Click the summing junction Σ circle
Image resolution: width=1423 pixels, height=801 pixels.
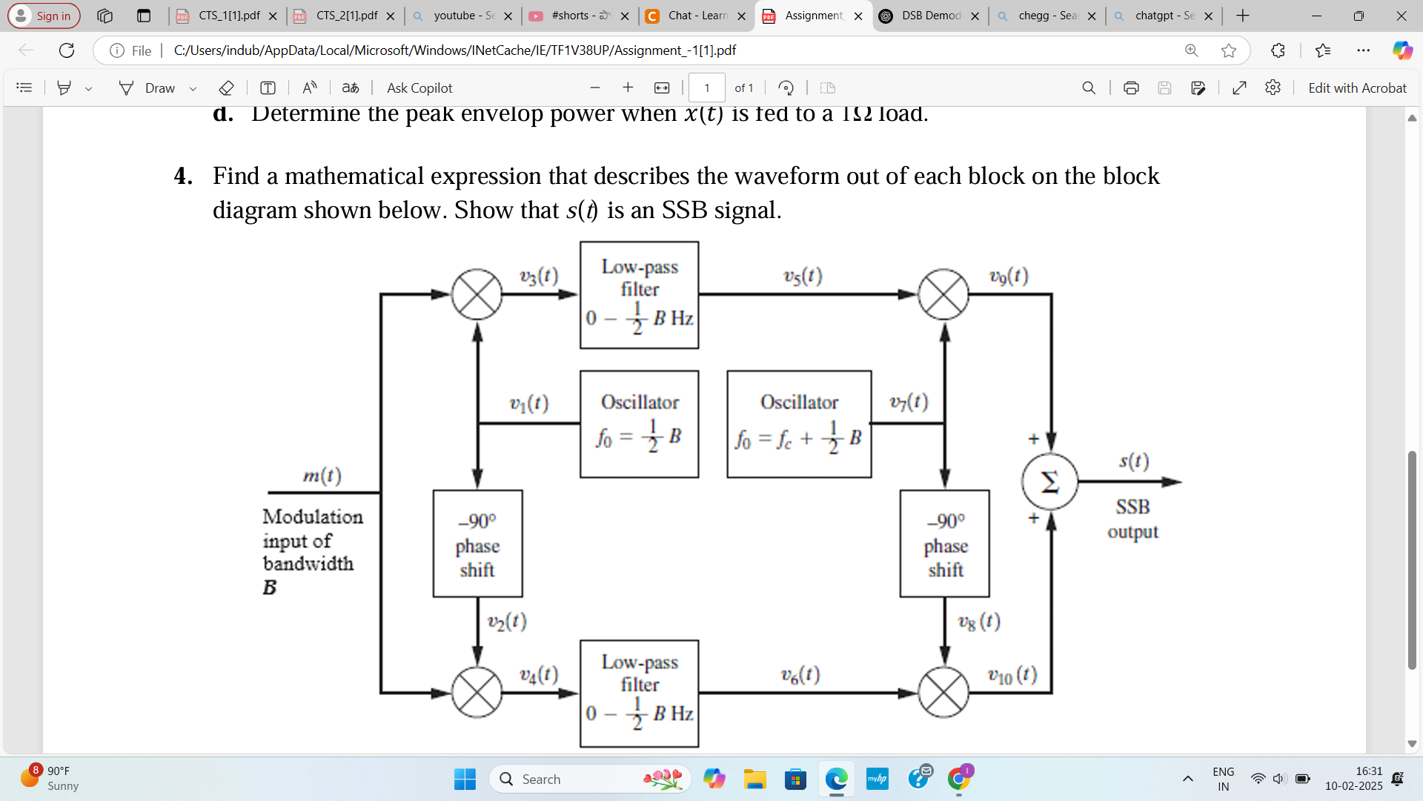click(x=1049, y=482)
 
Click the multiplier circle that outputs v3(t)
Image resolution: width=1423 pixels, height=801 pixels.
click(x=477, y=294)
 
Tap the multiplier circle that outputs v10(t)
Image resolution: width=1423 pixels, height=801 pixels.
click(x=943, y=693)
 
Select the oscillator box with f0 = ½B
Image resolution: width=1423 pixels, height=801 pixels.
click(x=639, y=423)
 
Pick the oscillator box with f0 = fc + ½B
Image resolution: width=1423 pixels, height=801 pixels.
click(x=799, y=423)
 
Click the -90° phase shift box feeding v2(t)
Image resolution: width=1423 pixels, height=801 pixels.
click(x=477, y=544)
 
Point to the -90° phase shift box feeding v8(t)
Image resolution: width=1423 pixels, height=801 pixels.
click(x=944, y=544)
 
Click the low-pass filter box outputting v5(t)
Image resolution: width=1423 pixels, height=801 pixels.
click(x=639, y=294)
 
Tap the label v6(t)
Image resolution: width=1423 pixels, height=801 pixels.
click(x=800, y=674)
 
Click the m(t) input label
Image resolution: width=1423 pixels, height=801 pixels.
click(x=322, y=475)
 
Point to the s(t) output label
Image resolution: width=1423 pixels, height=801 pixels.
click(x=1134, y=461)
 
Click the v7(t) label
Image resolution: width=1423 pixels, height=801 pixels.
click(x=909, y=402)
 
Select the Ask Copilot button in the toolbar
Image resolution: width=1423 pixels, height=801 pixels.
click(x=419, y=88)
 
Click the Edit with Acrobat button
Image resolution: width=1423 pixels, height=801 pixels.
click(x=1356, y=88)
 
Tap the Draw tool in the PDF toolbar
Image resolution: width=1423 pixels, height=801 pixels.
click(x=148, y=88)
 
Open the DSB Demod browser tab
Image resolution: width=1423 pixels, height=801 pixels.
click(x=929, y=16)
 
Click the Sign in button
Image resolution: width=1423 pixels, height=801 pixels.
click(x=44, y=16)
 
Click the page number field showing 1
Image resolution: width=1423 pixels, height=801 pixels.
click(x=706, y=88)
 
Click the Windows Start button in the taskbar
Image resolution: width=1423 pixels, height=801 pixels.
click(x=465, y=779)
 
